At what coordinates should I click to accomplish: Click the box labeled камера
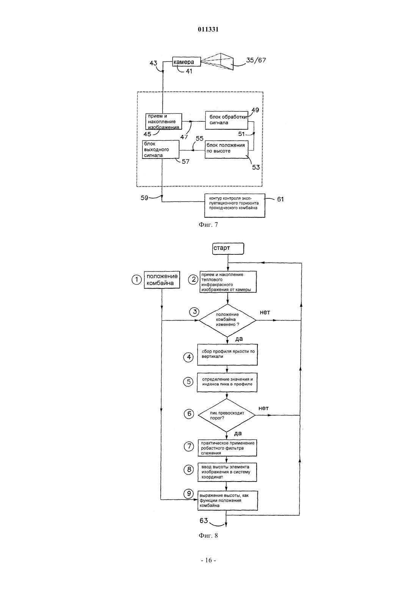click(x=187, y=62)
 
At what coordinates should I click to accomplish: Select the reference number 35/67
click(x=256, y=60)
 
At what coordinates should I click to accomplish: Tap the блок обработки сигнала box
click(x=227, y=120)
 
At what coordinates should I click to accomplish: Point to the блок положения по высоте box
click(x=227, y=149)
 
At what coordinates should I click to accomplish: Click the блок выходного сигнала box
click(x=161, y=149)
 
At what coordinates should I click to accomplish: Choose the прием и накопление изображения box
click(x=164, y=121)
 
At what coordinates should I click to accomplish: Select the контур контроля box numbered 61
click(x=235, y=206)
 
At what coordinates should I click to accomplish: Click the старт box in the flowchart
click(x=228, y=249)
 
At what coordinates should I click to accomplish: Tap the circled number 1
click(x=136, y=280)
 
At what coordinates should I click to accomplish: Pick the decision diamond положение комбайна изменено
click(x=227, y=320)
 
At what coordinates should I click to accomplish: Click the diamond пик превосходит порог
click(x=227, y=415)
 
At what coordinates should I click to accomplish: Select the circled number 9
click(x=189, y=493)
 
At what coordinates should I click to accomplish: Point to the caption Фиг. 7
click(x=208, y=224)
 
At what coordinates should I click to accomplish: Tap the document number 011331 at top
click(x=208, y=29)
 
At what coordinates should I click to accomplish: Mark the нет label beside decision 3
click(x=265, y=312)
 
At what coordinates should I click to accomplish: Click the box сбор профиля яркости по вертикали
click(x=227, y=355)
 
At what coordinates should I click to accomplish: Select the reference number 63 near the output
click(x=204, y=521)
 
